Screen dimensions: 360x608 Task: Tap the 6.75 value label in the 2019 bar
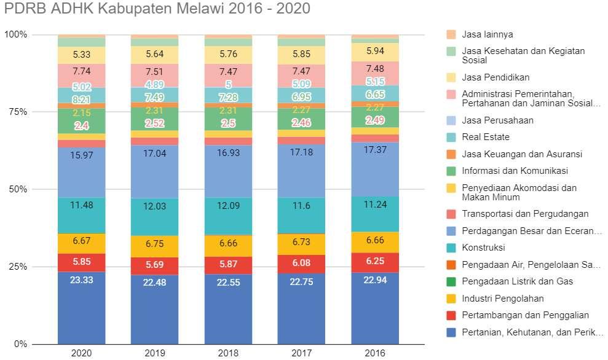(x=154, y=243)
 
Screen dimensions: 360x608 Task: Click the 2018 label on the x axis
(x=227, y=353)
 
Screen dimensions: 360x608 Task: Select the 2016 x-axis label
(x=374, y=353)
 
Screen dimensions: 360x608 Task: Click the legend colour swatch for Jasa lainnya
(x=452, y=34)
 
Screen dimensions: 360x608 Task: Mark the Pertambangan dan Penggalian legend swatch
(x=452, y=316)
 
